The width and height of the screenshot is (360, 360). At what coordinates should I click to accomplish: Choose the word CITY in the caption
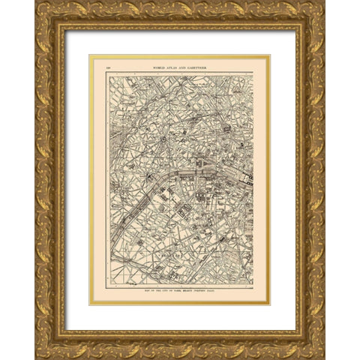pyautogui.click(x=159, y=288)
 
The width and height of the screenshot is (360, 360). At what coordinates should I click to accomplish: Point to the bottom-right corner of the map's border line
pyautogui.click(x=253, y=284)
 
